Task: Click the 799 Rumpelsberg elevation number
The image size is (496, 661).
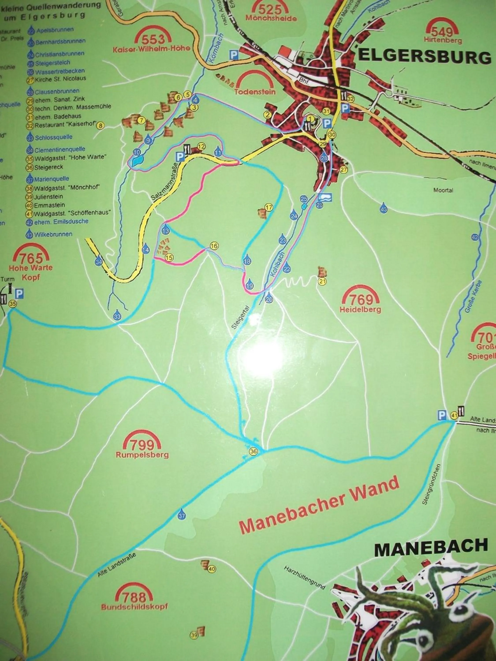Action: pos(142,446)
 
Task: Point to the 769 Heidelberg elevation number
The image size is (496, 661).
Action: pos(361,299)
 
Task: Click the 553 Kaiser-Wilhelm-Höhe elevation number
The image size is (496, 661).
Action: pos(153,39)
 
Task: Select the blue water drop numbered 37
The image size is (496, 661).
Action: pos(181,516)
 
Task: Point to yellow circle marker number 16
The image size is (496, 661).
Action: pos(214,246)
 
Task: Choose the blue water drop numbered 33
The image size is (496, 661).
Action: pos(117,316)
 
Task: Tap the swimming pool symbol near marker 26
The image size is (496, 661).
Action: pos(325,197)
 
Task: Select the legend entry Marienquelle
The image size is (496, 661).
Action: pos(52,179)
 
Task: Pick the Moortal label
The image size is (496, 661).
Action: pos(443,190)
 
